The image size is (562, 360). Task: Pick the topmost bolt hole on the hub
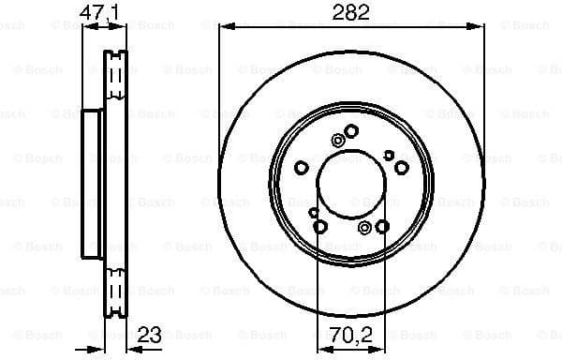351,131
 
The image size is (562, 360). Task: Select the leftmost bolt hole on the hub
302,168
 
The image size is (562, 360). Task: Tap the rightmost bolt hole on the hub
401,168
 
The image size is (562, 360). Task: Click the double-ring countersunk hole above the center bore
337,142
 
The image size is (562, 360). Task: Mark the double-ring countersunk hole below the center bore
365,226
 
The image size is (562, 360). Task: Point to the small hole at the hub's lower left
313,213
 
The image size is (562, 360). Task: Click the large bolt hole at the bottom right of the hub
382,226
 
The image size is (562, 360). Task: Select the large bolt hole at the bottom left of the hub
320,226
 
